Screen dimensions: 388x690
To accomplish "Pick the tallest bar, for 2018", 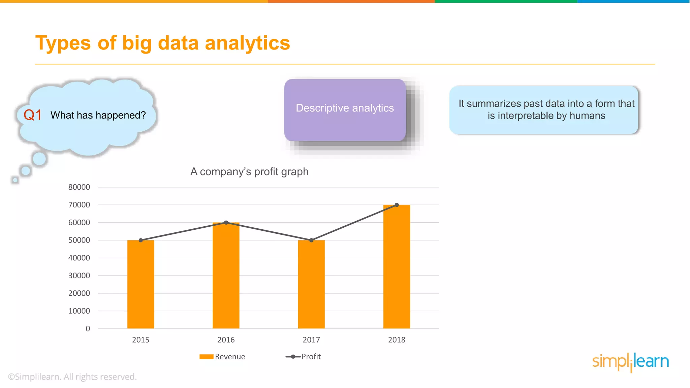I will point(397,266).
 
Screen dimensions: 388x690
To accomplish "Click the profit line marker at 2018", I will point(397,205).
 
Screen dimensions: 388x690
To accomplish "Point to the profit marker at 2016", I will point(226,223).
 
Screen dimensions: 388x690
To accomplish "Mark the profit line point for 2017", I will point(311,240).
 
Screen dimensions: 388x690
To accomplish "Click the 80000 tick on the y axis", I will point(79,187).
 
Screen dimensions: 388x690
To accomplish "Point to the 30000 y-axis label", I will point(79,276).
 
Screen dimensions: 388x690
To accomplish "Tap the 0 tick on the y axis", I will point(88,329).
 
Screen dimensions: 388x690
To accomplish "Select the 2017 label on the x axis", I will point(311,340).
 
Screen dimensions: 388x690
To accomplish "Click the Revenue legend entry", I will point(222,357).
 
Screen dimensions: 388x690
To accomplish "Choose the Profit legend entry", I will point(304,357).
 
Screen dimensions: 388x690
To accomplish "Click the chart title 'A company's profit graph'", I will point(249,172).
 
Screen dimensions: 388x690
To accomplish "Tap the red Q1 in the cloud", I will point(33,115).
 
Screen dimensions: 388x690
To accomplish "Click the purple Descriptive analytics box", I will point(345,110).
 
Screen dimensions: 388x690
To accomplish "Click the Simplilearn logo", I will point(630,362).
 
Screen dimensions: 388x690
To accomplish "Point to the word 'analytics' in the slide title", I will point(247,43).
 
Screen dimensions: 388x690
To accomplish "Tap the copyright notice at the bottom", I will point(72,377).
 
